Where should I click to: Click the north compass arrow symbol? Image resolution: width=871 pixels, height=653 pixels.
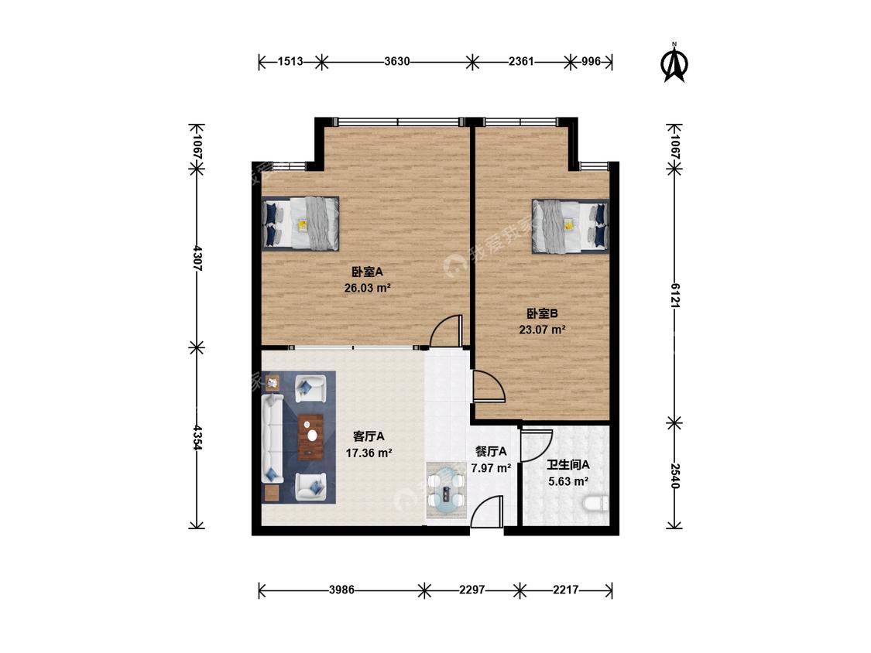pyautogui.click(x=674, y=64)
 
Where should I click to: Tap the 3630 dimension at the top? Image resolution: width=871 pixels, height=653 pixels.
pyautogui.click(x=397, y=62)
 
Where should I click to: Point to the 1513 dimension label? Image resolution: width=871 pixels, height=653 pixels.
pyautogui.click(x=290, y=62)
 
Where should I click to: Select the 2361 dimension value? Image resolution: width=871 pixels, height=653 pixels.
pyautogui.click(x=521, y=62)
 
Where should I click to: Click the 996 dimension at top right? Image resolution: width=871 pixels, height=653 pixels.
pyautogui.click(x=591, y=62)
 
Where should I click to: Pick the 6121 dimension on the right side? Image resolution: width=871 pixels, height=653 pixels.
pyautogui.click(x=674, y=296)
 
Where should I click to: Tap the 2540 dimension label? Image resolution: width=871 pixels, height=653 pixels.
pyautogui.click(x=674, y=476)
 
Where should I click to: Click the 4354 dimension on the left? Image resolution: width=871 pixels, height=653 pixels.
pyautogui.click(x=197, y=438)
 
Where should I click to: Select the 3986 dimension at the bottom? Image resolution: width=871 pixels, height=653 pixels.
pyautogui.click(x=341, y=590)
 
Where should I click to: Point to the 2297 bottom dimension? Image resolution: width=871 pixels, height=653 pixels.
pyautogui.click(x=472, y=590)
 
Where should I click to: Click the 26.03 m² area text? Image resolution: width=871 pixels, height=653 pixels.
pyautogui.click(x=368, y=288)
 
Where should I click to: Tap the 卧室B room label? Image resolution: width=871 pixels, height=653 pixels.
pyautogui.click(x=542, y=313)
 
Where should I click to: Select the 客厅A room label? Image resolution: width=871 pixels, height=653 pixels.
pyautogui.click(x=369, y=437)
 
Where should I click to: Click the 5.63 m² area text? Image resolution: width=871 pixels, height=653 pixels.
pyautogui.click(x=568, y=481)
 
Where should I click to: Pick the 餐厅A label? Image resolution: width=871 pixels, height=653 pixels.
pyautogui.click(x=491, y=451)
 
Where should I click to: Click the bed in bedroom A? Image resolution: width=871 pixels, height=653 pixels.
pyautogui.click(x=300, y=224)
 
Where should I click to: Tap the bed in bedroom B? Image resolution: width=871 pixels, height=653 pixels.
pyautogui.click(x=571, y=226)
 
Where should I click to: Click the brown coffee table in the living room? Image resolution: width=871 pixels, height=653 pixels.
pyautogui.click(x=311, y=437)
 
